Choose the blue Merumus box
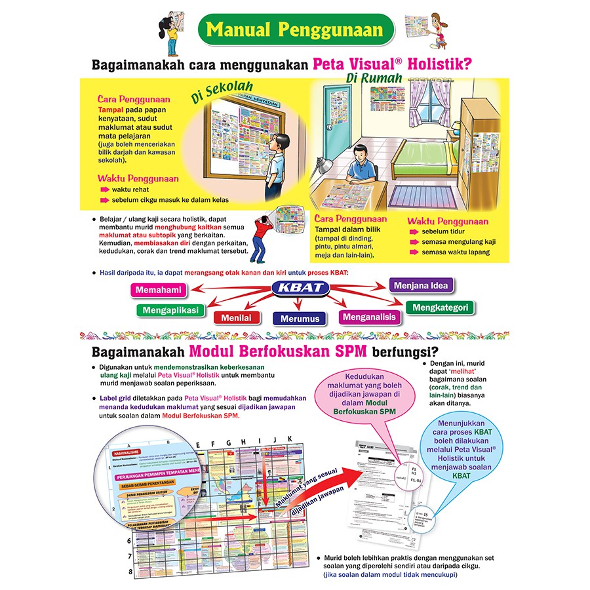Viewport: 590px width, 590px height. coord(300,319)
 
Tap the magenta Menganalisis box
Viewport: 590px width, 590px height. coord(369,317)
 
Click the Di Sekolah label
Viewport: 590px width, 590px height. coord(222,93)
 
